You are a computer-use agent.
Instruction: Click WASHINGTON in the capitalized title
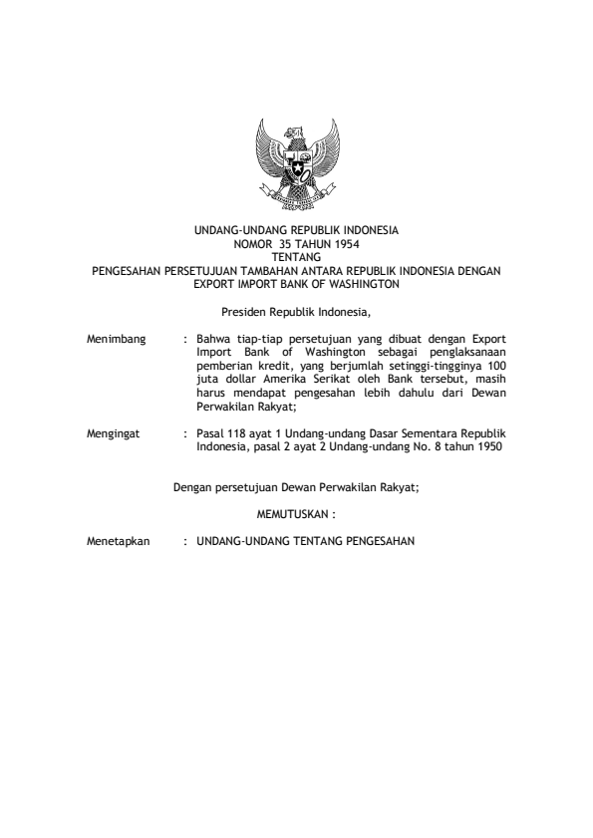(363, 283)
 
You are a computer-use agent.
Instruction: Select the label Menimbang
(118, 340)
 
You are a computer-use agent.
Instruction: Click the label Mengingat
(114, 433)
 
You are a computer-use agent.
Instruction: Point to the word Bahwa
(214, 340)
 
